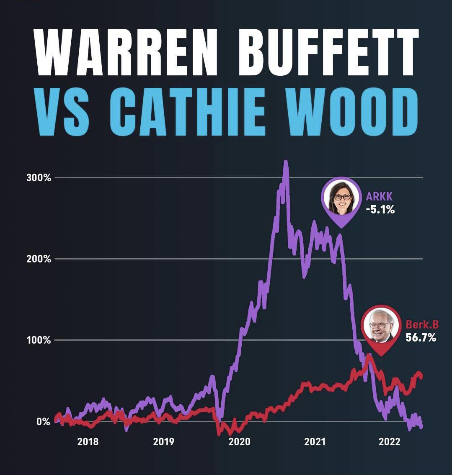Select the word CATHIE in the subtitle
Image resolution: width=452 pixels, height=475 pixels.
189,112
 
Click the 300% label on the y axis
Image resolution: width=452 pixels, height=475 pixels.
38,177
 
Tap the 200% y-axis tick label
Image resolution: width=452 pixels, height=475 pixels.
38,259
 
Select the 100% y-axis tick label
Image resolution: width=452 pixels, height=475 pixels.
38,340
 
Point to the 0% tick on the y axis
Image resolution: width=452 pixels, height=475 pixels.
42,421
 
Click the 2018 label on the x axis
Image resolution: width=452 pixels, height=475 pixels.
88,442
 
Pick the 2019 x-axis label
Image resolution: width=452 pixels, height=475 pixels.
164,442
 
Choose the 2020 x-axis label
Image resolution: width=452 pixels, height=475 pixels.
240,442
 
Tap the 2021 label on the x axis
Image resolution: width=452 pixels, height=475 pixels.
315,442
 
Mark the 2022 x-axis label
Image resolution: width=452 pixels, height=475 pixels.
390,442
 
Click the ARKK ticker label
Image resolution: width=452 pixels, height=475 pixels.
379,197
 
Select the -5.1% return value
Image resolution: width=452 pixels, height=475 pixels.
380,209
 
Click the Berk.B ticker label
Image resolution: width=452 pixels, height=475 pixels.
422,325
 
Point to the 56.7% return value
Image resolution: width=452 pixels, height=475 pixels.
421,337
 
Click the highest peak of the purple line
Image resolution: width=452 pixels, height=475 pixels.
286,162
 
